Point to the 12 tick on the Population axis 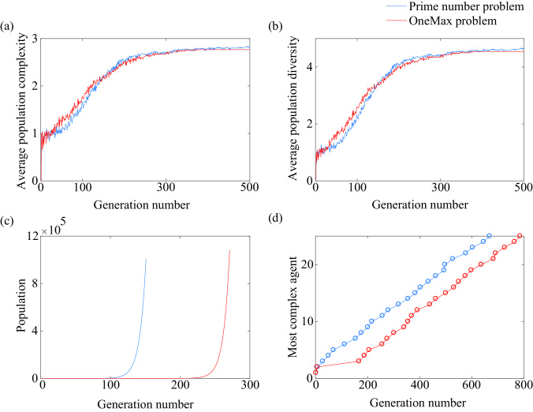coord(31,236)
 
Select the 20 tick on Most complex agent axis coord(306,264)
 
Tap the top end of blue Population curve coord(146,259)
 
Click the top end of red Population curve coord(229,251)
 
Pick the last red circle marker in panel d coord(520,236)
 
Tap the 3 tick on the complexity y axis coord(32,39)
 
